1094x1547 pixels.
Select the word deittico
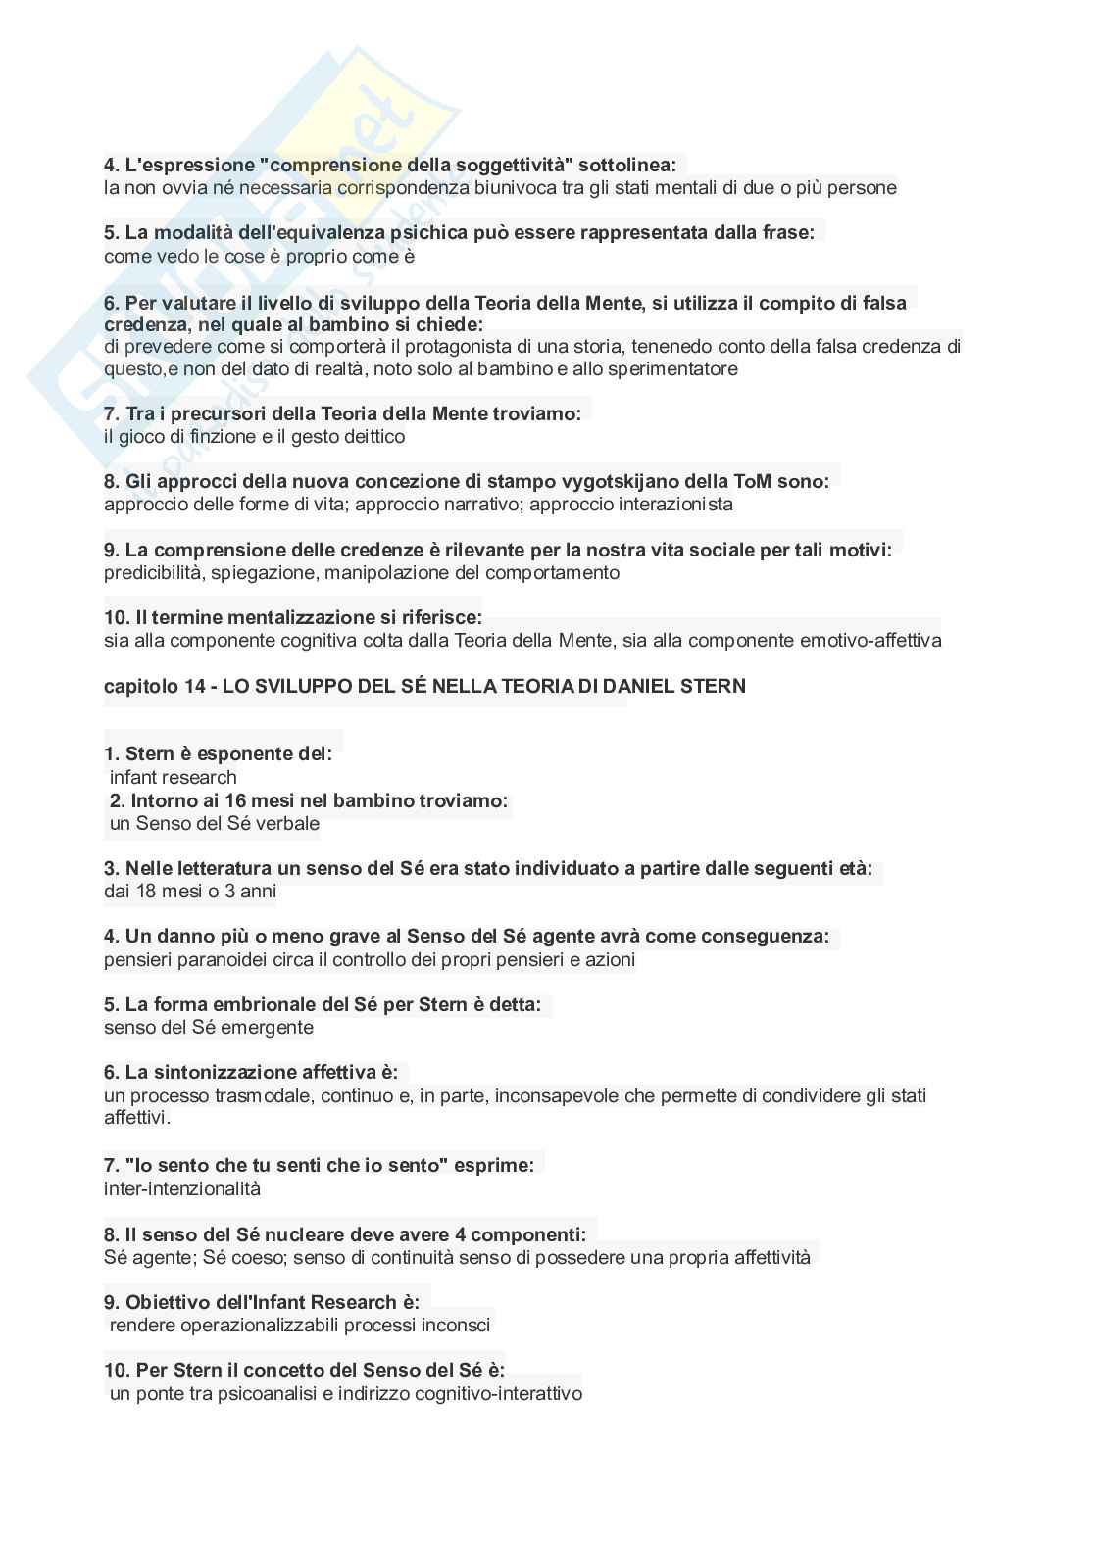point(372,437)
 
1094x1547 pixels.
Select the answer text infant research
point(174,778)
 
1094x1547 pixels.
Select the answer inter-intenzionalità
point(182,1189)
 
